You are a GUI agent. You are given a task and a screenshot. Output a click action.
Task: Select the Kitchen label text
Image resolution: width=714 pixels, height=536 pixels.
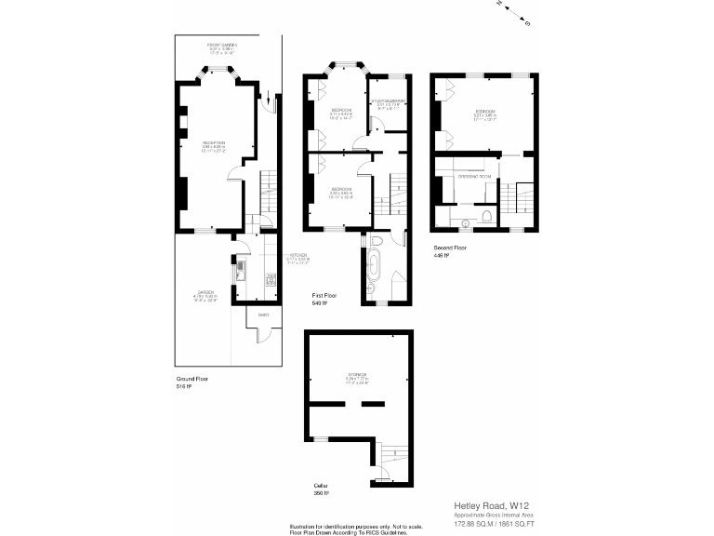(298, 255)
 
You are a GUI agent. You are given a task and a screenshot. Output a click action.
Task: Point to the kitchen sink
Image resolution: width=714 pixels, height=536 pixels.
(241, 271)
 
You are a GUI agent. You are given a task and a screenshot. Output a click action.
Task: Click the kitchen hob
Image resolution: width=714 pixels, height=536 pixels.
(272, 278)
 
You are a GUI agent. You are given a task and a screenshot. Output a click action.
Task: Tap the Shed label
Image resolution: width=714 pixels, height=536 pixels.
(250, 315)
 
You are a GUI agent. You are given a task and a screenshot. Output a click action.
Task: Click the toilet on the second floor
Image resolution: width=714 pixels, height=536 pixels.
(487, 218)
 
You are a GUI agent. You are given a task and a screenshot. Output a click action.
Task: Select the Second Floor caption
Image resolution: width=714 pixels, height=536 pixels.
(451, 248)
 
